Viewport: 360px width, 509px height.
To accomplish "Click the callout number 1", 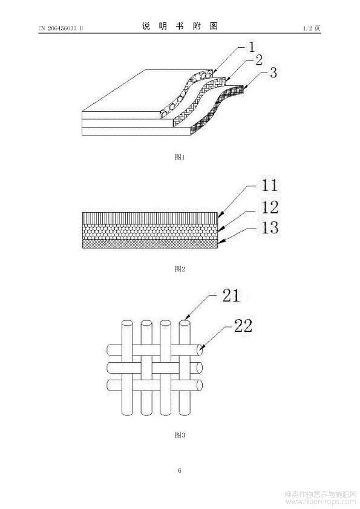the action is pyautogui.click(x=252, y=47).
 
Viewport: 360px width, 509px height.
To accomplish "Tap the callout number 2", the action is pyautogui.click(x=258, y=60).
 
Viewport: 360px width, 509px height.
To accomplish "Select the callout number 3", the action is pyautogui.click(x=273, y=73).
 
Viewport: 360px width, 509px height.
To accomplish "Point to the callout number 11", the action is pyautogui.click(x=269, y=185).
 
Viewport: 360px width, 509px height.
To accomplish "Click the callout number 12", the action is pyautogui.click(x=270, y=207).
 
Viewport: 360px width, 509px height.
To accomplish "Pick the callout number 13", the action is pyautogui.click(x=270, y=227).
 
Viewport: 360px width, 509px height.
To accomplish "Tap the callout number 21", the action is pyautogui.click(x=231, y=295).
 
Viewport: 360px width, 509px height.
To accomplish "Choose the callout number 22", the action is pyautogui.click(x=243, y=325).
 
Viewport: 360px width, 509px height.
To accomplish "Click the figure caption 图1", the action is pyautogui.click(x=180, y=157).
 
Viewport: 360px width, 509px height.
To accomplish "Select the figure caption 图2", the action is pyautogui.click(x=180, y=269).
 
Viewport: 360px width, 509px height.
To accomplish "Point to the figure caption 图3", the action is pyautogui.click(x=180, y=435).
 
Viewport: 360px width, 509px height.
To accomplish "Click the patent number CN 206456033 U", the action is pyautogui.click(x=61, y=28).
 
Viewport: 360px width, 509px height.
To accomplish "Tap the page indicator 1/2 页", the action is pyautogui.click(x=312, y=28).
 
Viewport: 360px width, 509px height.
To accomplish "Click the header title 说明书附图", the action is pyautogui.click(x=180, y=26).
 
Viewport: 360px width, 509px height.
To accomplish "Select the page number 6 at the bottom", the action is pyautogui.click(x=180, y=470).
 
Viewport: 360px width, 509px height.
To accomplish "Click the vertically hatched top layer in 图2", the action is pyautogui.click(x=150, y=218).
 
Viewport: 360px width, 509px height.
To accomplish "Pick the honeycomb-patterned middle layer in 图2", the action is pyautogui.click(x=150, y=232).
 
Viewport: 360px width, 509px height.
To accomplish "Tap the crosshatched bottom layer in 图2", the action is pyautogui.click(x=150, y=244).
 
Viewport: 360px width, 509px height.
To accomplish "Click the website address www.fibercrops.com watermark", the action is pyautogui.click(x=320, y=502).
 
